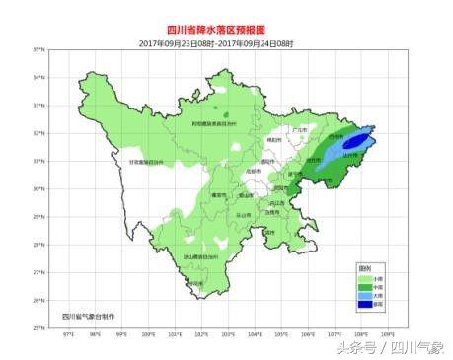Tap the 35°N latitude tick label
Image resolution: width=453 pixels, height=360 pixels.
(x=38, y=49)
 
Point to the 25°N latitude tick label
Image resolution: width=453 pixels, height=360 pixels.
(x=38, y=327)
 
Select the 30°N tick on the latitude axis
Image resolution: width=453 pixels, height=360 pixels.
(x=38, y=188)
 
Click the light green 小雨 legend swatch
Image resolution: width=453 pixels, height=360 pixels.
(x=364, y=279)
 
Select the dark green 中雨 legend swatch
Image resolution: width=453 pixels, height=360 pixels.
(x=364, y=288)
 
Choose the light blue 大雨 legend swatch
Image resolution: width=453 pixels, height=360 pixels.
(x=364, y=297)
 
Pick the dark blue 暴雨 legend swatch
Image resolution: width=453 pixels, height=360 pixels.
(x=364, y=306)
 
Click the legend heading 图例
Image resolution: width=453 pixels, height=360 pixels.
(x=364, y=269)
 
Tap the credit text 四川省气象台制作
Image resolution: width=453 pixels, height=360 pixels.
(x=88, y=316)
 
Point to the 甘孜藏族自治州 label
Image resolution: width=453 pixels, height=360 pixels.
(x=149, y=162)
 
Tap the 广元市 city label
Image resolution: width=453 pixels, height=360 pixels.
(x=300, y=128)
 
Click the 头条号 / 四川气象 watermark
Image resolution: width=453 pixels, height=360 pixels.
(x=389, y=347)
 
